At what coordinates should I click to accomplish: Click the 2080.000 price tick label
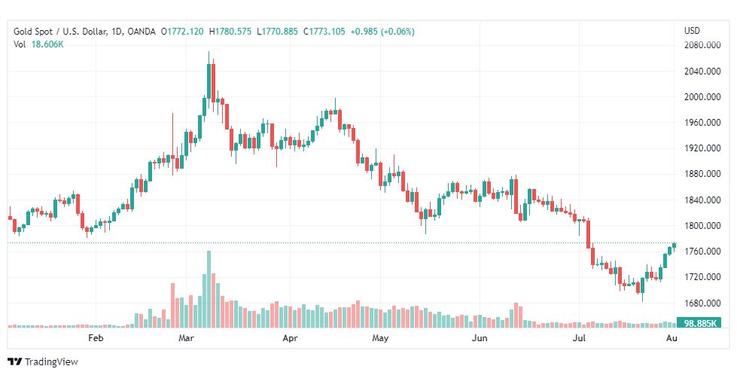[x=698, y=45]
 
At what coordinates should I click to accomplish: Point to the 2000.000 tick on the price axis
[x=698, y=97]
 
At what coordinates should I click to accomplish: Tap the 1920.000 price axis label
[x=698, y=148]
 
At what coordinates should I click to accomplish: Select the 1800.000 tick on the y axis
[x=698, y=226]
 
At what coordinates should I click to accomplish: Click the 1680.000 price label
[x=698, y=303]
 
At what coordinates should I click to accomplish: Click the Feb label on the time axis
[x=95, y=339]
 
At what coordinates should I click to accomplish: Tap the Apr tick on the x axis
[x=290, y=339]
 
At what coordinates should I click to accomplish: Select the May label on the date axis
[x=380, y=339]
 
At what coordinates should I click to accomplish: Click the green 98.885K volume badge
[x=698, y=323]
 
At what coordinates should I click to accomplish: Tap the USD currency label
[x=692, y=31]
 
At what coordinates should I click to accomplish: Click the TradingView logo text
[x=43, y=362]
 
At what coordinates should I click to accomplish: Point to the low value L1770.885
[x=279, y=32]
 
